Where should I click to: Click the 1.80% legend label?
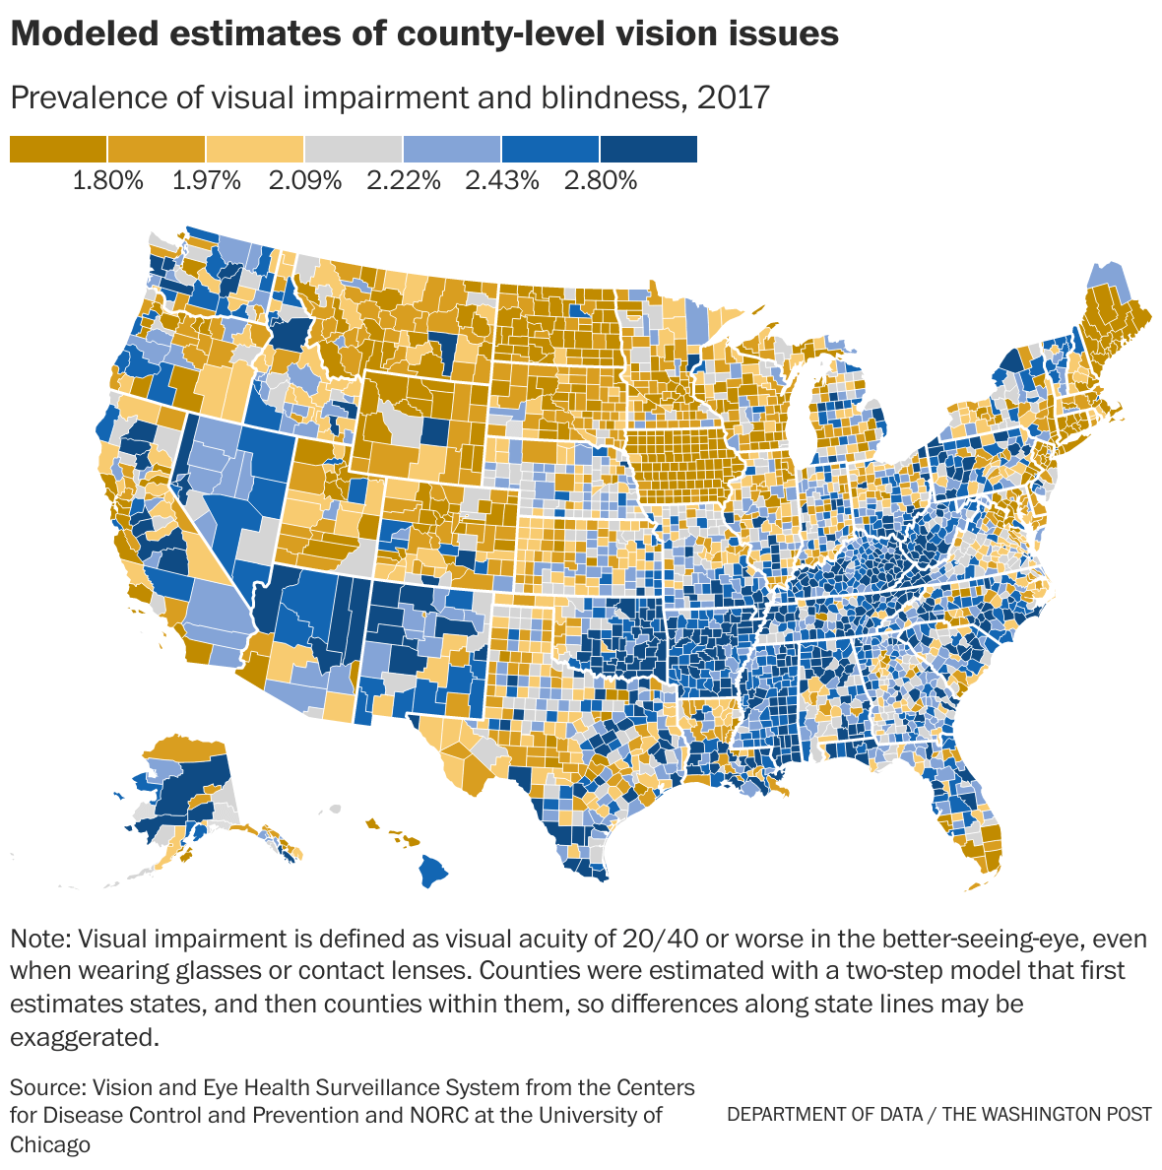click(107, 180)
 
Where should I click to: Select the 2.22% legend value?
click(403, 180)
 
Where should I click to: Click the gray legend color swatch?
click(354, 149)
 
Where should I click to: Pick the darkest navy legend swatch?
click(649, 149)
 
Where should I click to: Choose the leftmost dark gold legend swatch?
click(57, 149)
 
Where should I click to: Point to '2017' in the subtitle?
click(732, 97)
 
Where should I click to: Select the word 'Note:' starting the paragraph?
click(40, 937)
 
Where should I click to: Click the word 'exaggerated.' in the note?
click(84, 1037)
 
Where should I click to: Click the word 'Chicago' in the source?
click(50, 1144)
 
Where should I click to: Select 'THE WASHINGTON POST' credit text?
click(1047, 1114)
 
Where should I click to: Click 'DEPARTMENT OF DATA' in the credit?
click(824, 1114)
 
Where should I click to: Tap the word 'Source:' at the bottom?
click(46, 1087)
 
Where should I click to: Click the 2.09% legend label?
click(304, 180)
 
